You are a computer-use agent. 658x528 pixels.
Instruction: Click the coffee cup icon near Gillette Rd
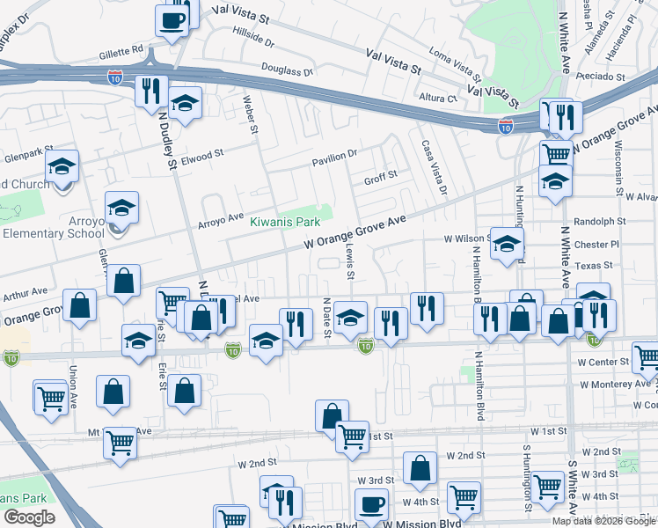172,19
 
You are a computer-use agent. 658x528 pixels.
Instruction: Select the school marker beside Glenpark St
62,165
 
